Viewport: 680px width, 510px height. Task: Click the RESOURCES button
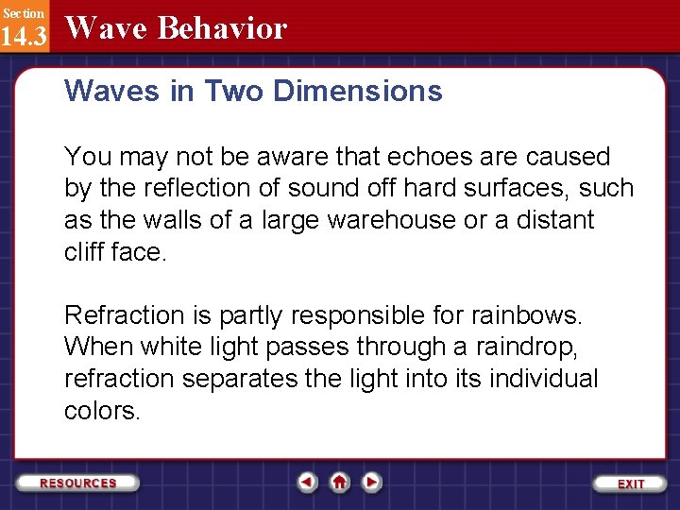tap(78, 483)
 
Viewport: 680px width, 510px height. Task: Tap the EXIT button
tap(630, 483)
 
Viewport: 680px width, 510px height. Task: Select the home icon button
tap(339, 483)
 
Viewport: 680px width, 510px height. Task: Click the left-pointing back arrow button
tap(307, 483)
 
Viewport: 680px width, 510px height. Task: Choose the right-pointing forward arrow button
tap(372, 483)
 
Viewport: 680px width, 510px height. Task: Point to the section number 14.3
tap(23, 37)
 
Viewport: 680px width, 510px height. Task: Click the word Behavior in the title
tap(222, 28)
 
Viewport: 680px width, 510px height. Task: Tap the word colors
tap(101, 411)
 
